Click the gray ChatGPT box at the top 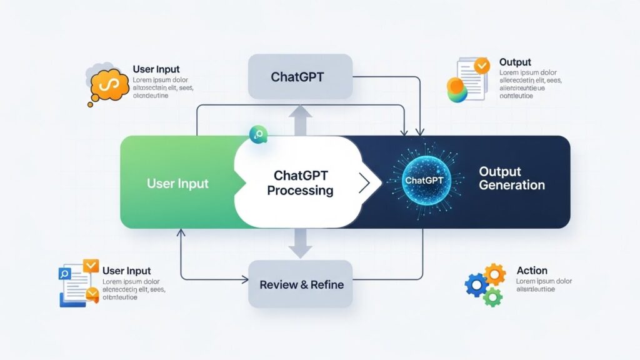click(x=300, y=77)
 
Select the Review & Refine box click(x=301, y=284)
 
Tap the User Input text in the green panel click(x=177, y=184)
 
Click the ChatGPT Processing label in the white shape click(x=300, y=183)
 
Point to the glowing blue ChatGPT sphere click(x=424, y=180)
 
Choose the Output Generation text click(x=511, y=178)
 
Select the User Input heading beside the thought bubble click(x=156, y=69)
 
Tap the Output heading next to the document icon click(x=515, y=62)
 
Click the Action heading click(x=532, y=271)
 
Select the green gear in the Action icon click(x=492, y=296)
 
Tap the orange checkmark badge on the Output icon click(x=481, y=64)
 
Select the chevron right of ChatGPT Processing click(x=364, y=183)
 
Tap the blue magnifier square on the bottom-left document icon click(x=65, y=273)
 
